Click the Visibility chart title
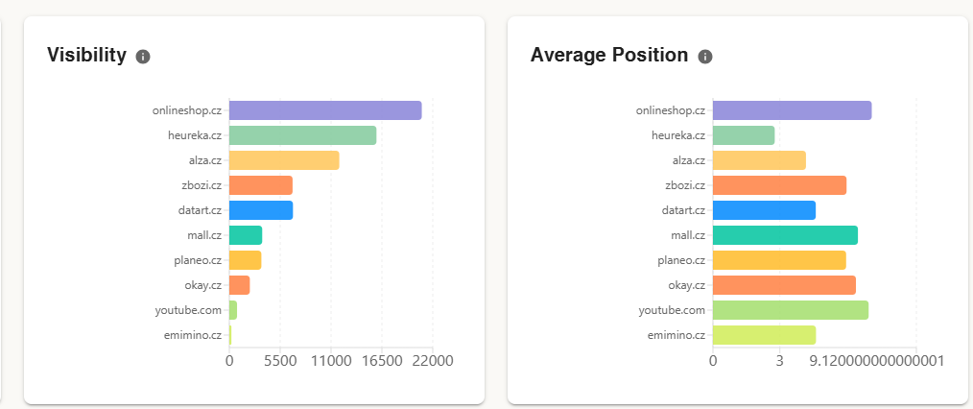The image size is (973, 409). (86, 56)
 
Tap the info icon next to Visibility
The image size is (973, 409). (143, 57)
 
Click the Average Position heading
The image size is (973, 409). (608, 56)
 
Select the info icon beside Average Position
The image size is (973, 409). (705, 57)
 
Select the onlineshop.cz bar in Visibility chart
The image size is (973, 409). (324, 110)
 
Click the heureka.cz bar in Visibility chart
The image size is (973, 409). (302, 135)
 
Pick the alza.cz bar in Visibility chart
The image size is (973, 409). (284, 160)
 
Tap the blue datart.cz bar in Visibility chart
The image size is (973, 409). (261, 210)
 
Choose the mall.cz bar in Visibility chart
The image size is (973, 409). (246, 235)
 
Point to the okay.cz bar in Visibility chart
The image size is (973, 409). (239, 285)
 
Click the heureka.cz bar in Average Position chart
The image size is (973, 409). (743, 135)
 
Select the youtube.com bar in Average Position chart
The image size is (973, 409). (790, 310)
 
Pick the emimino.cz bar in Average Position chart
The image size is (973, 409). (764, 335)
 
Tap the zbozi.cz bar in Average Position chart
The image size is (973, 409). (779, 185)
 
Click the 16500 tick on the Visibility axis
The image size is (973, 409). (381, 361)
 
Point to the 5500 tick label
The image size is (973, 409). (279, 361)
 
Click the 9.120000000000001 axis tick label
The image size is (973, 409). (877, 361)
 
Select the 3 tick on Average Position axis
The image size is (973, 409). (779, 361)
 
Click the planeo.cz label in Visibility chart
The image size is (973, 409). (198, 260)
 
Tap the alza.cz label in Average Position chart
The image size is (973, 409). (688, 160)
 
